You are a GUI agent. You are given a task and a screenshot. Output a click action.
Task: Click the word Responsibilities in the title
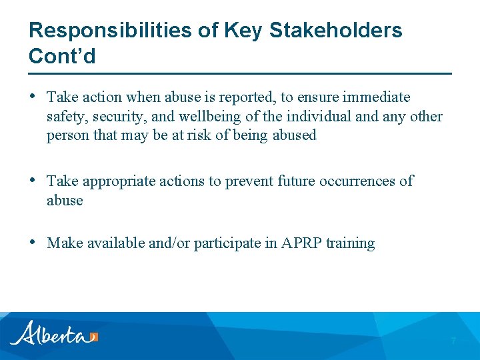click(x=108, y=31)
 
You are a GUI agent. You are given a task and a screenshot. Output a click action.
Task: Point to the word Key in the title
click(x=246, y=31)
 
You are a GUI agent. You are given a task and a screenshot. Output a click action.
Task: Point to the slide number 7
click(x=453, y=341)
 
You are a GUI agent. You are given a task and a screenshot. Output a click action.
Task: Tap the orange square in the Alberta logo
click(x=94, y=337)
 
